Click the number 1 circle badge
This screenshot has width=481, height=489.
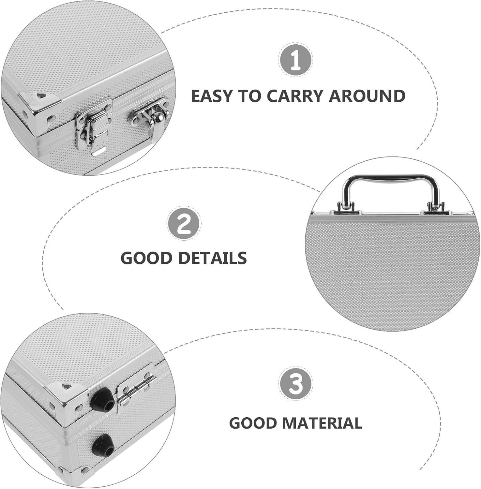(x=295, y=59)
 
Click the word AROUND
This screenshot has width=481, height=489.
(x=368, y=96)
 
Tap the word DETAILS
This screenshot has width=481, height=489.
(x=213, y=258)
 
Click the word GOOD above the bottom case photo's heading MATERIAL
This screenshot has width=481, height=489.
(x=253, y=423)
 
